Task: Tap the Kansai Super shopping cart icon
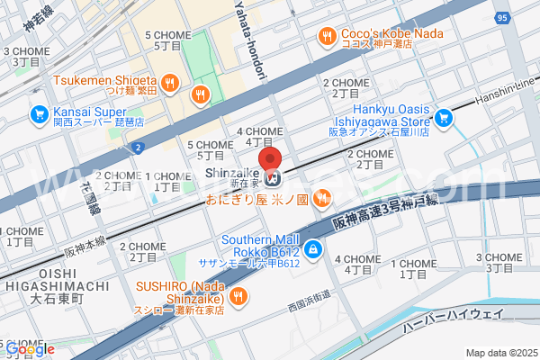39,115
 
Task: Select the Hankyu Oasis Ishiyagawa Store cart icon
443,118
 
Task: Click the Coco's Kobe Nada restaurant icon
327,36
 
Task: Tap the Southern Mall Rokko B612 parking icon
311,249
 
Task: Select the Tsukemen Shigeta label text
105,79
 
